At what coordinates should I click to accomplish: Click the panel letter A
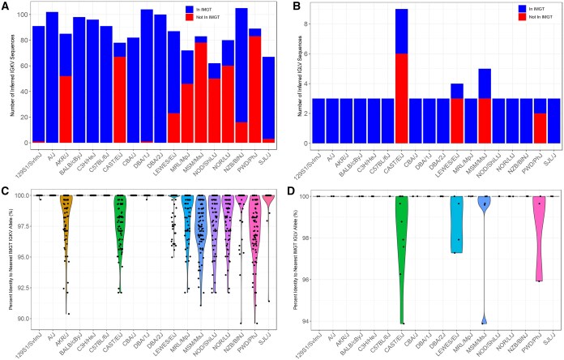(6, 6)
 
